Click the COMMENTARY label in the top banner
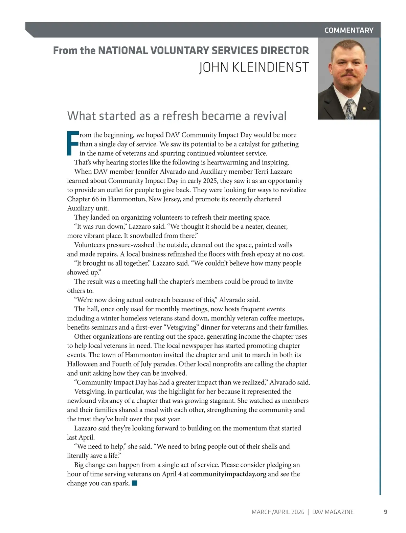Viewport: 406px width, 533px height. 349,30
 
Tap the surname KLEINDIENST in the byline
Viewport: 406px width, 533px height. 270,67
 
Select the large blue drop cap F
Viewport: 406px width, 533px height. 73,143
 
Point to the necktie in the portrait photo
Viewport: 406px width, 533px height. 349,109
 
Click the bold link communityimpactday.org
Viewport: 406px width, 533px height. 228,474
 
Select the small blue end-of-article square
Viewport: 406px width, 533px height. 135,483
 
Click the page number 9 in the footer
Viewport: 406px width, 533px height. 385,512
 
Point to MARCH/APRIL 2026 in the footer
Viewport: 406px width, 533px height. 278,512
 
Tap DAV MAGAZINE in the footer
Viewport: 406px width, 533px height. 333,512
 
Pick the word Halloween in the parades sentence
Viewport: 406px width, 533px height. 83,364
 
